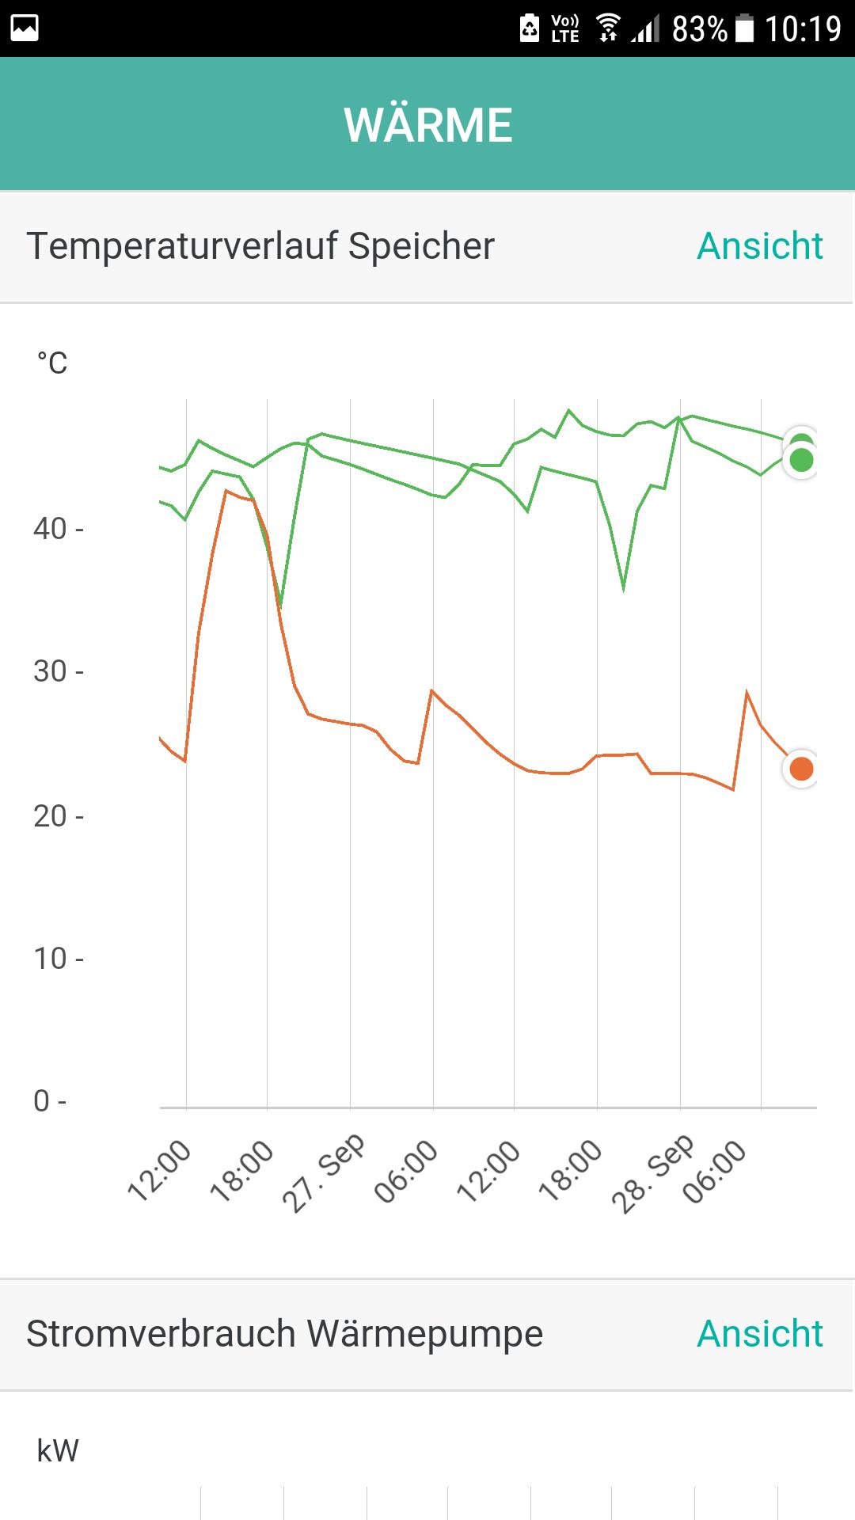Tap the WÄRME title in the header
click(427, 125)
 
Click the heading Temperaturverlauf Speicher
click(260, 246)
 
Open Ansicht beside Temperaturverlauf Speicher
click(759, 246)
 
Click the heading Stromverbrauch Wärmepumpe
click(284, 1334)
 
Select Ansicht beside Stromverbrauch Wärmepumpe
click(759, 1334)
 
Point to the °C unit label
click(52, 363)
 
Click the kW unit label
click(58, 1451)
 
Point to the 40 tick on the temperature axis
click(51, 529)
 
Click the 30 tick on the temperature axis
click(51, 671)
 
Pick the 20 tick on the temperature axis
click(51, 816)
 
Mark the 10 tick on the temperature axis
click(51, 959)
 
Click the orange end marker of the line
click(801, 769)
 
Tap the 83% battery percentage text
click(699, 29)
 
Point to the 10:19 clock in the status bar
click(802, 29)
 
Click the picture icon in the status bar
click(25, 28)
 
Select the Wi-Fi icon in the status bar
click(608, 28)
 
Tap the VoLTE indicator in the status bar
click(565, 28)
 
